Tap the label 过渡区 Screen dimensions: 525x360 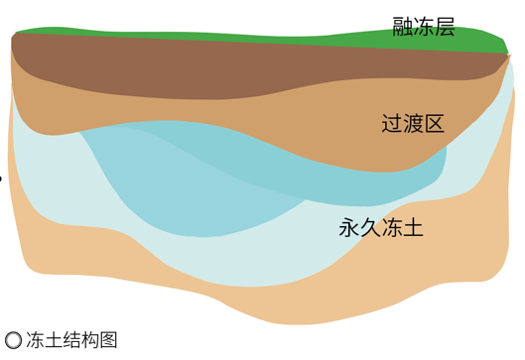pyautogui.click(x=413, y=124)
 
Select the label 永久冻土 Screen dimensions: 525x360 pyautogui.click(x=381, y=228)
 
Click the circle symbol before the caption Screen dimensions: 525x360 pyautogui.click(x=13, y=340)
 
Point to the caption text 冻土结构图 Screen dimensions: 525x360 pyautogui.click(x=72, y=340)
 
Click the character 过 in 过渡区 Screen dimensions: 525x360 pyautogui.click(x=392, y=124)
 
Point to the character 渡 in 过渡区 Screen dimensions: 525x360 pyautogui.click(x=413, y=124)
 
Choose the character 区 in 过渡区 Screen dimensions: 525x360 pyautogui.click(x=434, y=124)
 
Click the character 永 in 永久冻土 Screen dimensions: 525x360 pyautogui.click(x=349, y=228)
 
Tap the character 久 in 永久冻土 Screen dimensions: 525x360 pyautogui.click(x=370, y=228)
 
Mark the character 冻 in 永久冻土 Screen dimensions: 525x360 pyautogui.click(x=392, y=228)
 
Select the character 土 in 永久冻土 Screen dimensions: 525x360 pyautogui.click(x=413, y=228)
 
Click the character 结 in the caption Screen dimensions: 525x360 pyautogui.click(x=72, y=340)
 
